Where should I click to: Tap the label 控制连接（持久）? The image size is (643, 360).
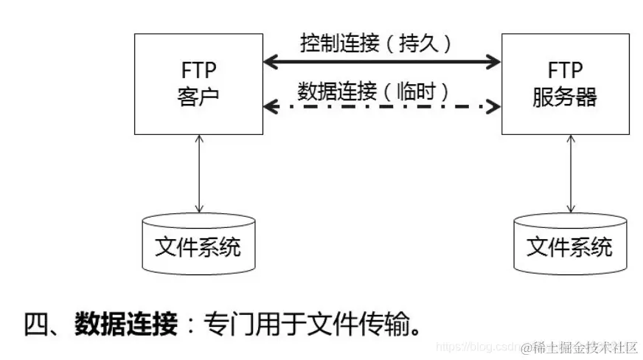(375, 43)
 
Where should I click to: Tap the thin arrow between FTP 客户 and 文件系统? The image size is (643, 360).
(198, 173)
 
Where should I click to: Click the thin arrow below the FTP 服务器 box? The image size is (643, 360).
(569, 173)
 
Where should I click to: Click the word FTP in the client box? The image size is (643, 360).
(197, 72)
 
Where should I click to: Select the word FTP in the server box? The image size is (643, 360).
(565, 71)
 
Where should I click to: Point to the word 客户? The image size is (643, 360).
(197, 97)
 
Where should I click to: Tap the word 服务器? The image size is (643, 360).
(565, 97)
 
